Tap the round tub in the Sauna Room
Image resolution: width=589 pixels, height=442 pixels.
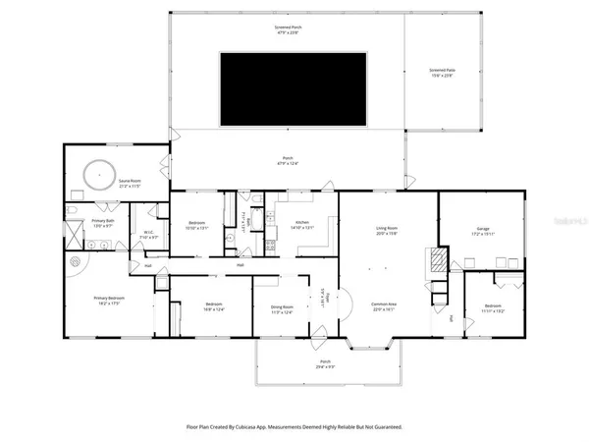(99, 176)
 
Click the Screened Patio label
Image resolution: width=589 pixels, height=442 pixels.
(445, 74)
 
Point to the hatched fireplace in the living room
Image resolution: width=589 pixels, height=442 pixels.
(431, 259)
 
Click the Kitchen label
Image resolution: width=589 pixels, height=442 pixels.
(303, 225)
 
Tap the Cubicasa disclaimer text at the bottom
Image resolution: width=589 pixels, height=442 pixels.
(294, 427)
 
